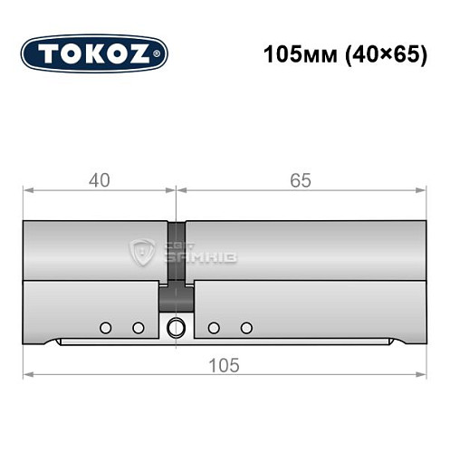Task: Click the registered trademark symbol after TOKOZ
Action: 160,54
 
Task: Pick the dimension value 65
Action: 301,180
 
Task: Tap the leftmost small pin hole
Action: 106,327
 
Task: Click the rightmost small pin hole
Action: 246,327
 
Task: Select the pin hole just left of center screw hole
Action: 139,327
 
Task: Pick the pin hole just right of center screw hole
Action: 214,327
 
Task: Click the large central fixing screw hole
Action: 177,327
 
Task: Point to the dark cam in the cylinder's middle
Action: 177,294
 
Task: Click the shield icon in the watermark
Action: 143,253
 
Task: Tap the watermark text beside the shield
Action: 190,253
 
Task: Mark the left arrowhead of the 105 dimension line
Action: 27,374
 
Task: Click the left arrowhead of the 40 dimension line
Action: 27,190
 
